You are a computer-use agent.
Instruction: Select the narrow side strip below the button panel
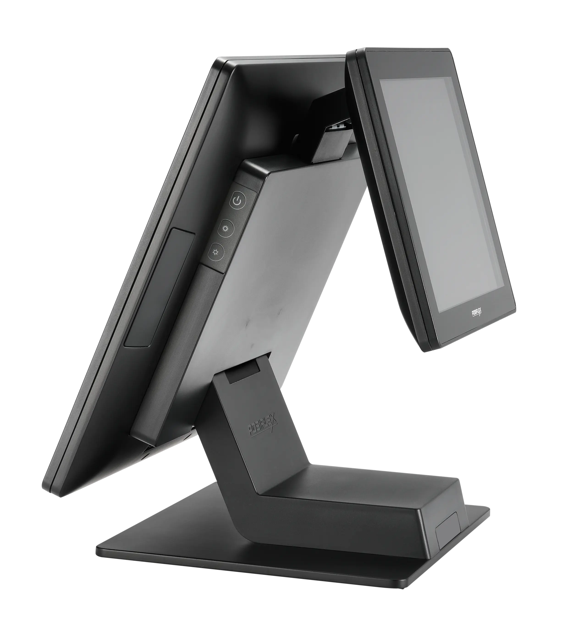(173, 356)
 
